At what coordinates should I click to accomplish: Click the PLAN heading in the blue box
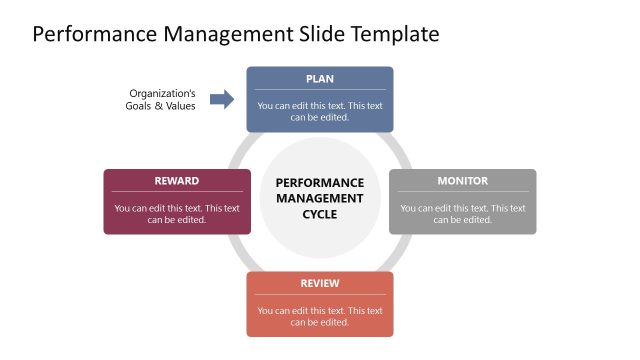[x=320, y=78]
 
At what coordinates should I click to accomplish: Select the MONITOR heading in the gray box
[x=462, y=181]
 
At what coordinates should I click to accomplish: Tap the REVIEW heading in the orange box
[x=320, y=284]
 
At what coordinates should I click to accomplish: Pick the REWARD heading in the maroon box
[x=176, y=181]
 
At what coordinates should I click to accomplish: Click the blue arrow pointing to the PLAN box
[x=222, y=99]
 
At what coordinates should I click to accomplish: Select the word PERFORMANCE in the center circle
[x=320, y=183]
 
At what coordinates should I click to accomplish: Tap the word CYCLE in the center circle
[x=320, y=214]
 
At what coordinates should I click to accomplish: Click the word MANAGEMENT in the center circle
[x=320, y=198]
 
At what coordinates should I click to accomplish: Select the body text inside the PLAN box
[x=320, y=111]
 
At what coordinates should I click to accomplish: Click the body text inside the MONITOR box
[x=462, y=214]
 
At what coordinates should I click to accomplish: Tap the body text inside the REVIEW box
[x=320, y=316]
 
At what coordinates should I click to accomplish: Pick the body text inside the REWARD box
[x=176, y=214]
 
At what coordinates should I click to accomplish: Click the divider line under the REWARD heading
[x=176, y=192]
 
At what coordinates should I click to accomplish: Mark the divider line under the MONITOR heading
[x=462, y=192]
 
